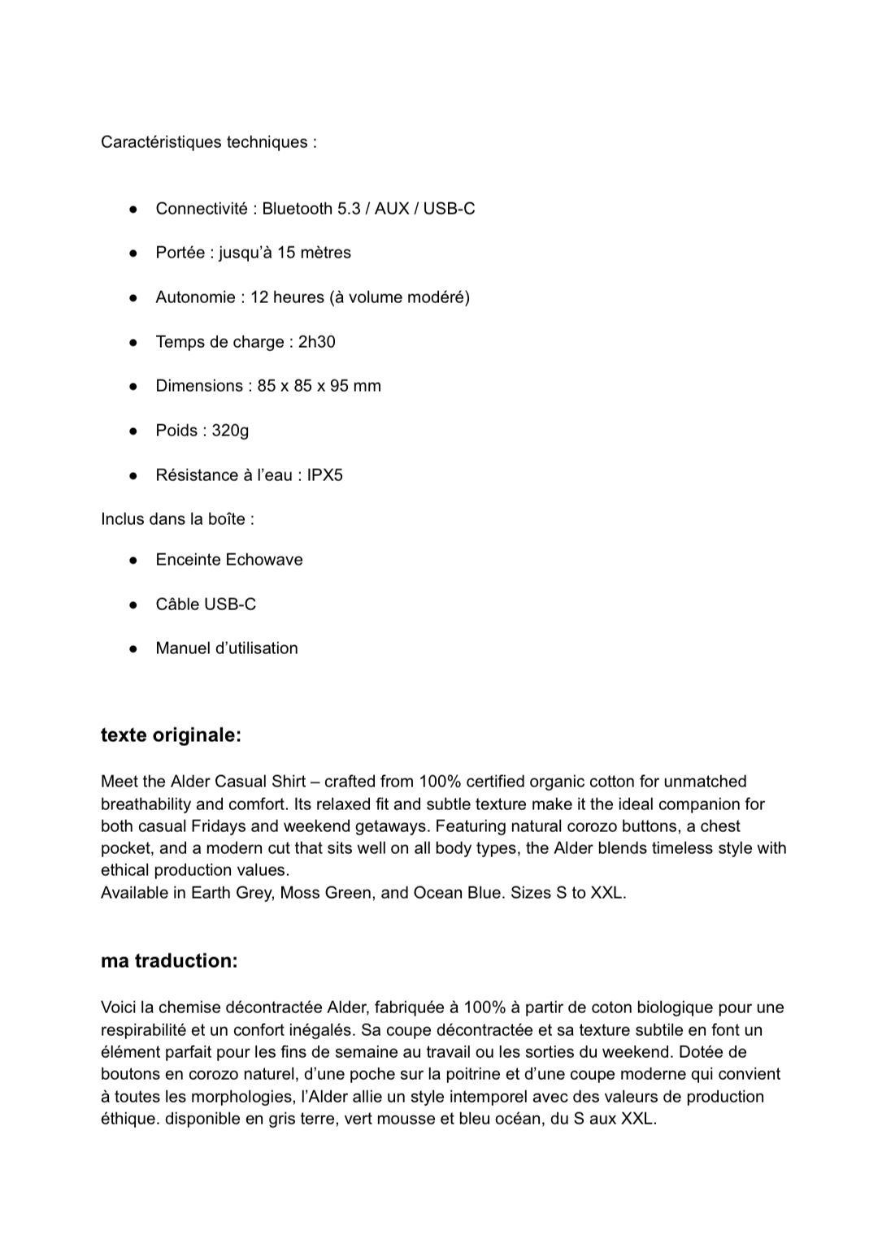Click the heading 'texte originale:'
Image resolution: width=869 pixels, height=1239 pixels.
coord(171,735)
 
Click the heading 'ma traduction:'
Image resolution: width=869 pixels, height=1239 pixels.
coord(169,961)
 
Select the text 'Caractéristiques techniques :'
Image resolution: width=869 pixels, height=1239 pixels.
coord(209,142)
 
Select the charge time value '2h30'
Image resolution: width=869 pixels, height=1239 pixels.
coord(316,342)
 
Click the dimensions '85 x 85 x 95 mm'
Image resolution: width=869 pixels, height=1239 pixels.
coord(319,386)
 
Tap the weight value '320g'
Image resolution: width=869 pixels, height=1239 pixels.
coord(230,431)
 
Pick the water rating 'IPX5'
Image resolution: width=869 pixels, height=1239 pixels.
coord(324,475)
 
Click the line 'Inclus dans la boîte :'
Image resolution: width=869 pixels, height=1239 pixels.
coord(177,519)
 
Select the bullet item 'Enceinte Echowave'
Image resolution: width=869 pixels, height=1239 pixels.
coord(229,560)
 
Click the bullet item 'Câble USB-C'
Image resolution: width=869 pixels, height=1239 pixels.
coord(206,604)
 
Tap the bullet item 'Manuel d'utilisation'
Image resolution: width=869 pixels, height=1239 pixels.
coord(227,648)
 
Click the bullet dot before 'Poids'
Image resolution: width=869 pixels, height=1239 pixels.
coord(133,431)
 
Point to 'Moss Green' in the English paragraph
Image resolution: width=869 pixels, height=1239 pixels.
coord(322,893)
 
